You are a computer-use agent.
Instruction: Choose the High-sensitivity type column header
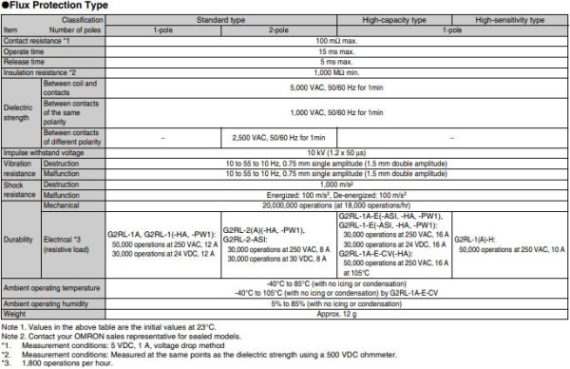(x=510, y=19)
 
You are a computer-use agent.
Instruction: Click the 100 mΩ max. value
(x=337, y=40)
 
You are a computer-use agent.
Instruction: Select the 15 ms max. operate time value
(x=337, y=50)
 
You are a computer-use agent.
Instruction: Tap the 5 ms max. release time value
(x=337, y=61)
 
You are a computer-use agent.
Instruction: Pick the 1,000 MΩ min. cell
(x=337, y=71)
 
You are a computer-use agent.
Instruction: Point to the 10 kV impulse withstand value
(x=337, y=153)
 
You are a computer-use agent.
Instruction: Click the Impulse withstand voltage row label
(x=42, y=153)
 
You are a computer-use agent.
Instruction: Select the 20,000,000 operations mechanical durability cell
(x=337, y=204)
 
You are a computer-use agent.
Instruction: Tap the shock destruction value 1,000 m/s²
(x=337, y=184)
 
